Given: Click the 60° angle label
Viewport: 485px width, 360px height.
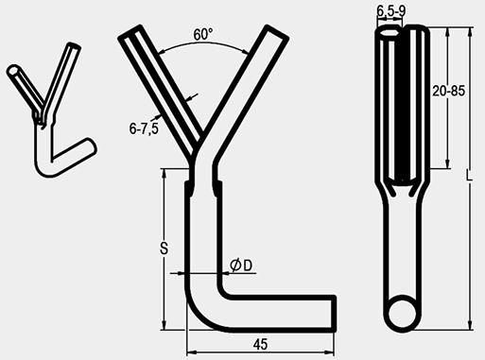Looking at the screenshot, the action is coord(203,34).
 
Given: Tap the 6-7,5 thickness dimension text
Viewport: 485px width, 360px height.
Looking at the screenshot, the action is coord(144,129).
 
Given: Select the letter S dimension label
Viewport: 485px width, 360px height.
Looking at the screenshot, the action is coord(164,249).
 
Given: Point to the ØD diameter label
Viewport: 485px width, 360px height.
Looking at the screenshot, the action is coord(241,266).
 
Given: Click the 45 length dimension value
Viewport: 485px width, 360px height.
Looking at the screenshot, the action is coord(260,344).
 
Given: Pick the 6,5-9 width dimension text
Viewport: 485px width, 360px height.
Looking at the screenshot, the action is coord(390,11).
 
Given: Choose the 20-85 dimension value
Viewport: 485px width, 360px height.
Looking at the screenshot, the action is coord(448,91).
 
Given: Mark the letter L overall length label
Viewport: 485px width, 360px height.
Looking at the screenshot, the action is coord(470,176).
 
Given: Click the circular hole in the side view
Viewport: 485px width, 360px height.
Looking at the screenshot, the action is coord(402,314).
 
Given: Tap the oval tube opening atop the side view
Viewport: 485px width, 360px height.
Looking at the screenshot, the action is coord(389,32).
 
